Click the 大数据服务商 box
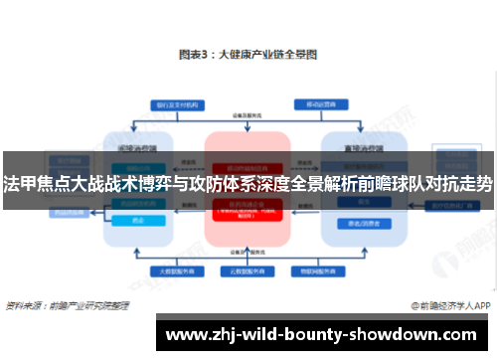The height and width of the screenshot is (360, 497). pos(171,270)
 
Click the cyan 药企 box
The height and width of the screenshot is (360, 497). pos(138,222)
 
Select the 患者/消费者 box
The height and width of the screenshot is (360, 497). pos(355,222)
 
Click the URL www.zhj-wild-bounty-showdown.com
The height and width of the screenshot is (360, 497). pos(322,333)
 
